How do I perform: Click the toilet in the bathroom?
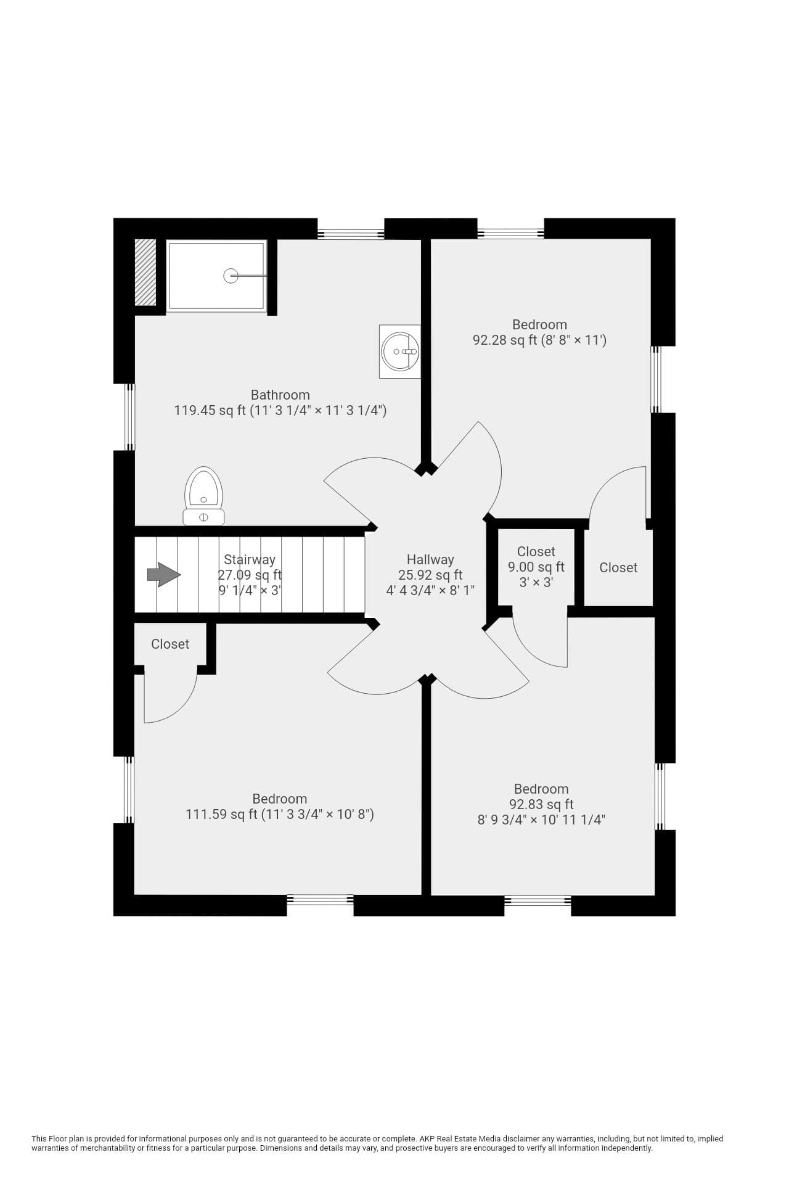[x=203, y=496]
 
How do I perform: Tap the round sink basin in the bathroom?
[x=400, y=351]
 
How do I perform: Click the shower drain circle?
[x=231, y=276]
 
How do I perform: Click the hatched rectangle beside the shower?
[x=145, y=272]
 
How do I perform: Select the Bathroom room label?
[x=280, y=395]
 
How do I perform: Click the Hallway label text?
[x=430, y=559]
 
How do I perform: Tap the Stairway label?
[x=250, y=559]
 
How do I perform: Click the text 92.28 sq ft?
[x=505, y=340]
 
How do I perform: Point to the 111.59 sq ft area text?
[x=221, y=814]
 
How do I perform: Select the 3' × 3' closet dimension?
[x=536, y=582]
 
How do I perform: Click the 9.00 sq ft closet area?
[x=536, y=567]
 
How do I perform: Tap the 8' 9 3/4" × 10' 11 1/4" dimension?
[x=542, y=820]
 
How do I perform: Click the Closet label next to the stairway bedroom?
[x=170, y=644]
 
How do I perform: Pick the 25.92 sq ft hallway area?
[x=430, y=575]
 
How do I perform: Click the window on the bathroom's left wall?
[x=129, y=417]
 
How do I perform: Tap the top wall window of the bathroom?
[x=351, y=234]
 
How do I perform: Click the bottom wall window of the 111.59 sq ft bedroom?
[x=320, y=900]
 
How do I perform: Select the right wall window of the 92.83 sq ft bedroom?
[x=660, y=796]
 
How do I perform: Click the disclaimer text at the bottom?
[x=377, y=1143]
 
